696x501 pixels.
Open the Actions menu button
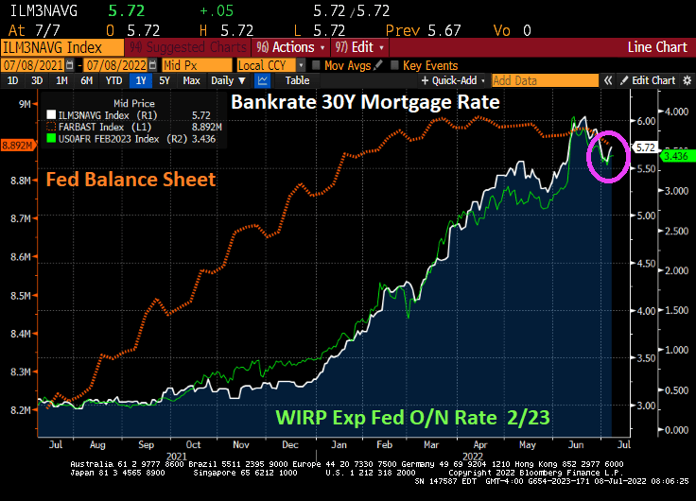[x=290, y=46]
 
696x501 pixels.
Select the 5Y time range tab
[x=167, y=80]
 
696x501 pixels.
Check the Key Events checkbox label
[x=430, y=64]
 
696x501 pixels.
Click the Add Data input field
[x=541, y=80]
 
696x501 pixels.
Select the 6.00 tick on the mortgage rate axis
[x=646, y=121]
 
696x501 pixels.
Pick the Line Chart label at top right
[x=658, y=46]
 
